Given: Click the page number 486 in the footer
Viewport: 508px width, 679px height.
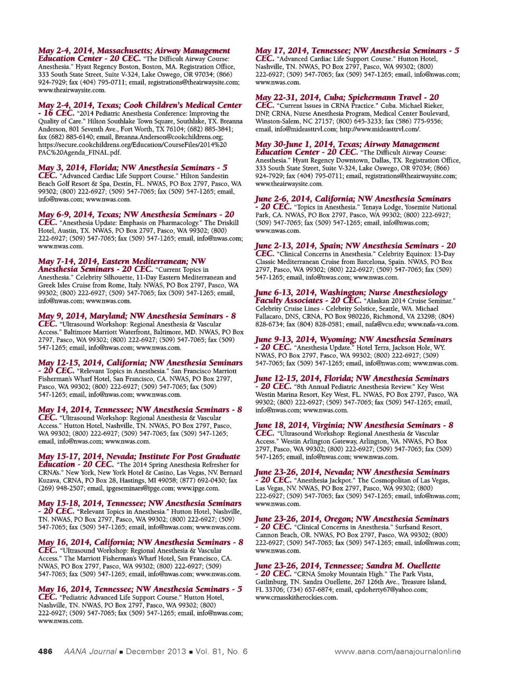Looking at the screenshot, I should [45, 651].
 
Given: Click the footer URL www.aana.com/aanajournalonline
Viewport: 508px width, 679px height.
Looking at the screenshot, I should [397, 651].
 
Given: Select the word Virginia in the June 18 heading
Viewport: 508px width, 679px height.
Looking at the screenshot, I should [323, 425].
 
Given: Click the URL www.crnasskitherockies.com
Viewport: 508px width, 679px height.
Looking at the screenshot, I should [296, 598].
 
